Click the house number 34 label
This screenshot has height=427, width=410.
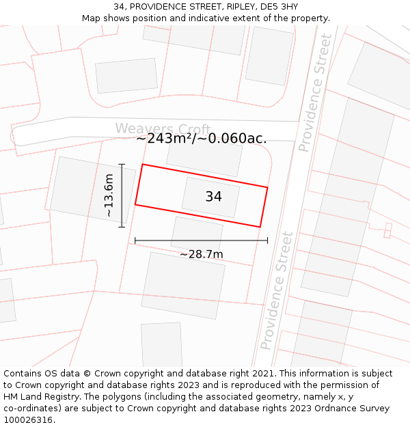point(213,197)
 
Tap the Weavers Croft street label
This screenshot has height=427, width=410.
point(163,128)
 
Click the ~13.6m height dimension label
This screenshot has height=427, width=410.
point(109,195)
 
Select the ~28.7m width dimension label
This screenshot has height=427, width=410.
point(202,254)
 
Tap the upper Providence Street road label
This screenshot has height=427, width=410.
point(315,93)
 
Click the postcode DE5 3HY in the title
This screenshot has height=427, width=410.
point(280,7)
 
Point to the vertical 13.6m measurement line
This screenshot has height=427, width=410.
point(122,195)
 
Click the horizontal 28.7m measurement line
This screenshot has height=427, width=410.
point(201,240)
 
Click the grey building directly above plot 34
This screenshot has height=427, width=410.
point(204,156)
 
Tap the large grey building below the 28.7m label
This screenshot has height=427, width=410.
point(183,285)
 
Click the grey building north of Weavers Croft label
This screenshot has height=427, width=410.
point(126,75)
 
